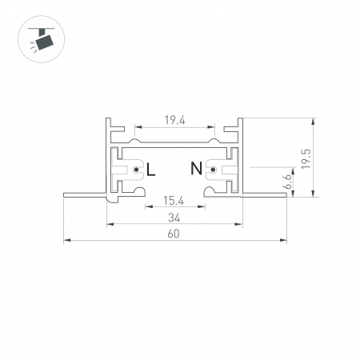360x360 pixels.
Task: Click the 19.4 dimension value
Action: coord(174,121)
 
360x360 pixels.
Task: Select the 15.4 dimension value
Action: coord(174,201)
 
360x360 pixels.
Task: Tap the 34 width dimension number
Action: coord(174,218)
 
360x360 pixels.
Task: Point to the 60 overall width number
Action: coord(174,234)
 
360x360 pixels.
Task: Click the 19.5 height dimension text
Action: coord(306,158)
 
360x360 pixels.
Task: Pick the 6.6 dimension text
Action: coord(287,182)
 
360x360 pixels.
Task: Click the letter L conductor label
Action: coord(150,170)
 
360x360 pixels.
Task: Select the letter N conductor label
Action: coord(196,168)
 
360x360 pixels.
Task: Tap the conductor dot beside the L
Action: coord(137,170)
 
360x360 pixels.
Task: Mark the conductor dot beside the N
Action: coord(213,170)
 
